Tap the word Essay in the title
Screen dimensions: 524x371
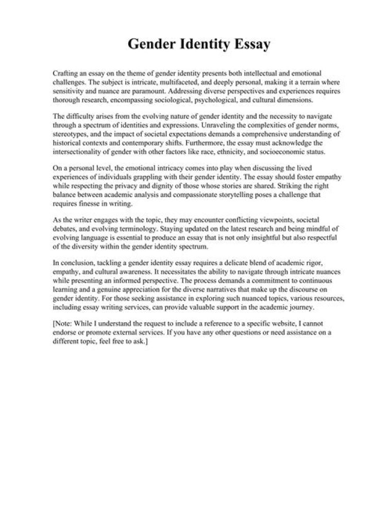[x=250, y=46]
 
